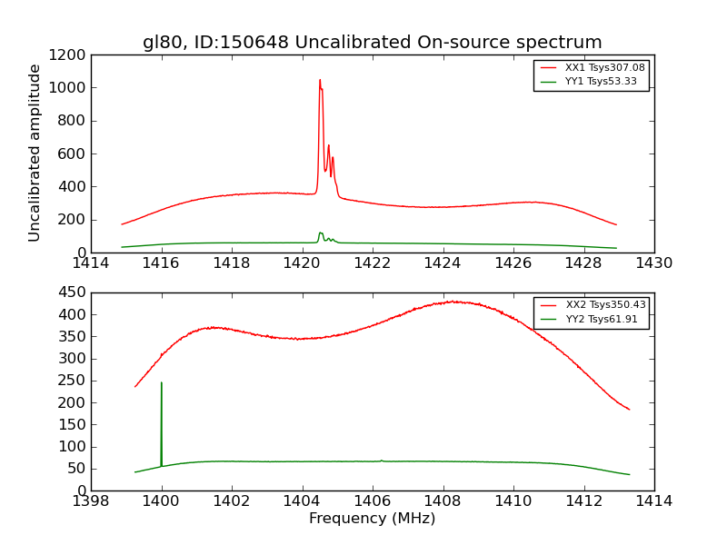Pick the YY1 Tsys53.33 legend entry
[x=601, y=82]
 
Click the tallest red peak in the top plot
[x=320, y=80]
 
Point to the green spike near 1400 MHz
[x=162, y=383]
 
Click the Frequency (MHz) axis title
[x=372, y=519]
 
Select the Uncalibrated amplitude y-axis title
[x=35, y=153]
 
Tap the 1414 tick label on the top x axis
[x=91, y=263]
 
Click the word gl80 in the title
[x=159, y=43]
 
